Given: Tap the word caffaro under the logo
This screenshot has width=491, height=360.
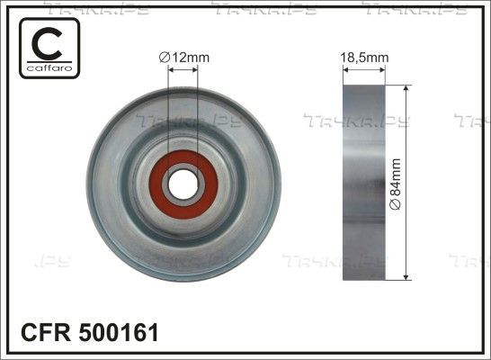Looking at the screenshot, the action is click(x=49, y=68).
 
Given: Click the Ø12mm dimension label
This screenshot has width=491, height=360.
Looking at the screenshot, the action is click(x=184, y=58).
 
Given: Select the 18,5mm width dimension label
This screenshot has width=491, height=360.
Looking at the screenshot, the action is click(x=364, y=58).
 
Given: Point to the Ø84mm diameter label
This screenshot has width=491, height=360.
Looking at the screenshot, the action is click(x=395, y=184).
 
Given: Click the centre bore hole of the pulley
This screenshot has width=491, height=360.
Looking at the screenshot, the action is click(x=183, y=184).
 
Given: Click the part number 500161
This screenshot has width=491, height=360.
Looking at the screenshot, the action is click(x=119, y=332).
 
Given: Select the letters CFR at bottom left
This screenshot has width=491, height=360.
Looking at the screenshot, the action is click(x=46, y=332).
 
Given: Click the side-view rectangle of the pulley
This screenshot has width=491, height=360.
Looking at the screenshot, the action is click(x=364, y=183).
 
